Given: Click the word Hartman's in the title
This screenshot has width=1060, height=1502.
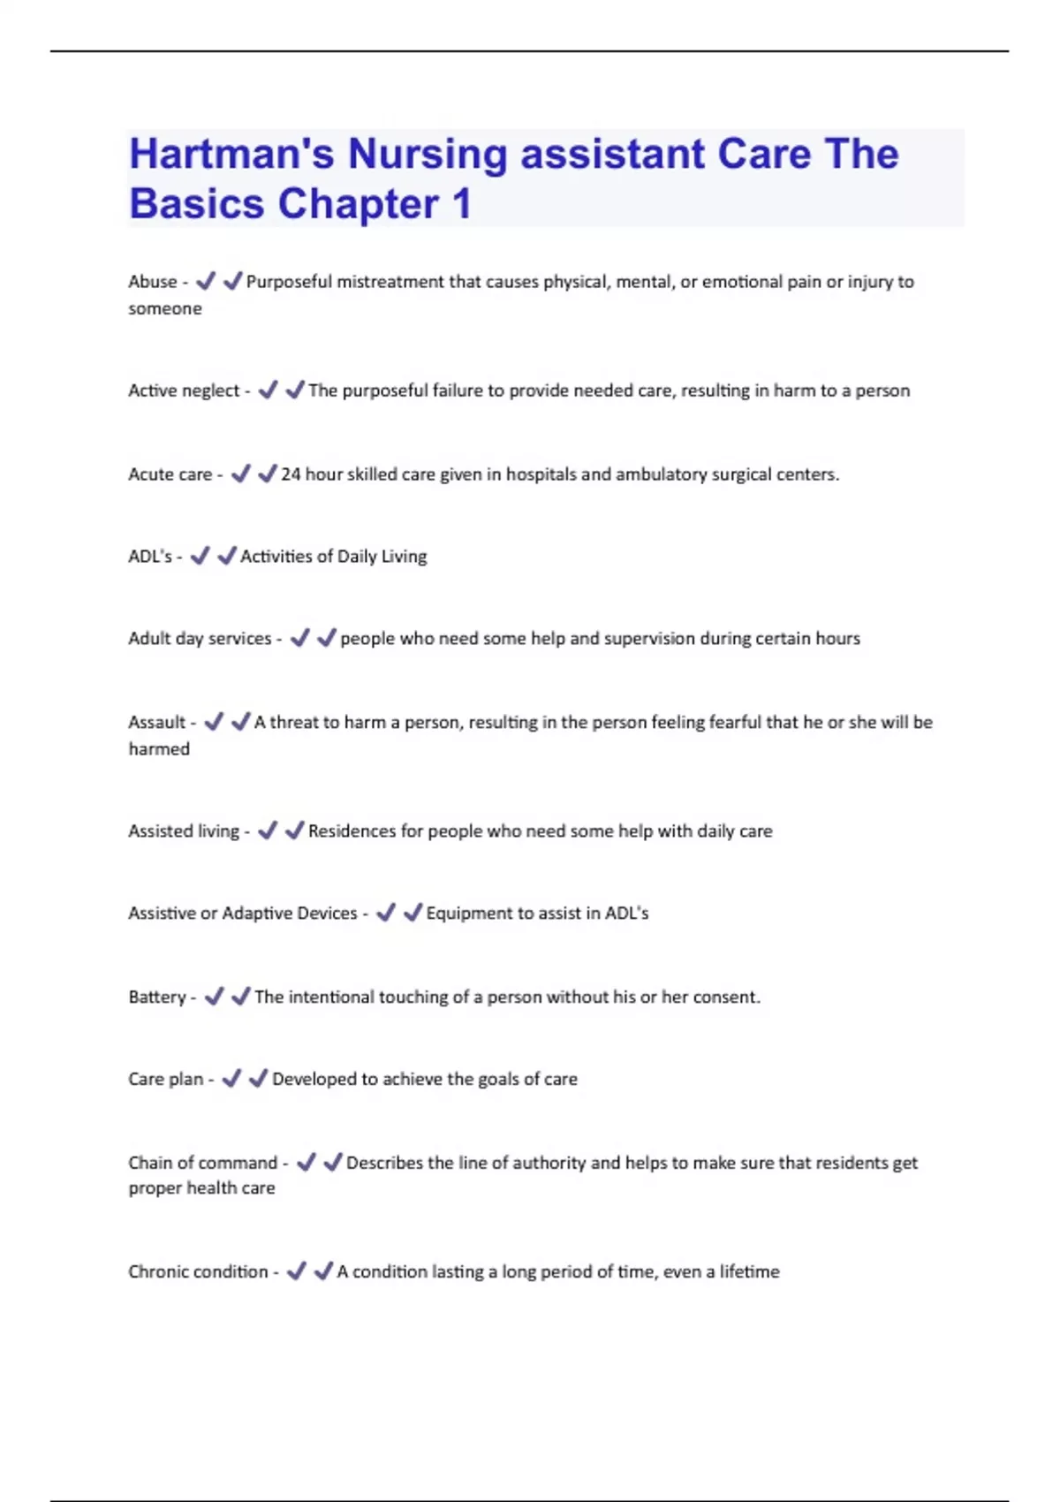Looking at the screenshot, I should point(231,155).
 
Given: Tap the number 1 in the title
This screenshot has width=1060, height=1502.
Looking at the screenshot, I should point(461,204).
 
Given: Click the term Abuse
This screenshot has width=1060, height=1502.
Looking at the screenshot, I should point(152,282).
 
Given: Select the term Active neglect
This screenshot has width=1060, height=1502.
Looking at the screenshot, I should point(183,391).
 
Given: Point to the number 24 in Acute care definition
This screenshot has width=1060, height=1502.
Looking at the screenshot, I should point(291,474).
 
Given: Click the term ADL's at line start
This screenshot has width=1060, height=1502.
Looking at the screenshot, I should point(149,557).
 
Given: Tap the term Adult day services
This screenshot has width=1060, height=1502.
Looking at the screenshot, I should point(200,639).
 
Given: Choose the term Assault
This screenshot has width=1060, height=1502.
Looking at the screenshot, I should point(156,723).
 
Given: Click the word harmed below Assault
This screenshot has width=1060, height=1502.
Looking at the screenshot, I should point(159,749).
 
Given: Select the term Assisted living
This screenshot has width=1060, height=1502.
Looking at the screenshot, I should point(183,831).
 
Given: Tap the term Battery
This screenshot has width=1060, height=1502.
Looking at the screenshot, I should point(156,998).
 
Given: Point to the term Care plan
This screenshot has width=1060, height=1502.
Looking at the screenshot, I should point(165,1080).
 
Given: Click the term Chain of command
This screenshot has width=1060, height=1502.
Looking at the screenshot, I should point(202,1163).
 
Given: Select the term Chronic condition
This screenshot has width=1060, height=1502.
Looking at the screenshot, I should point(198,1272).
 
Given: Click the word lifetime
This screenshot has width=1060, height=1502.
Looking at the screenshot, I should point(749,1272).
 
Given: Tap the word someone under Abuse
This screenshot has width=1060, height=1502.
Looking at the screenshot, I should point(165,309).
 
